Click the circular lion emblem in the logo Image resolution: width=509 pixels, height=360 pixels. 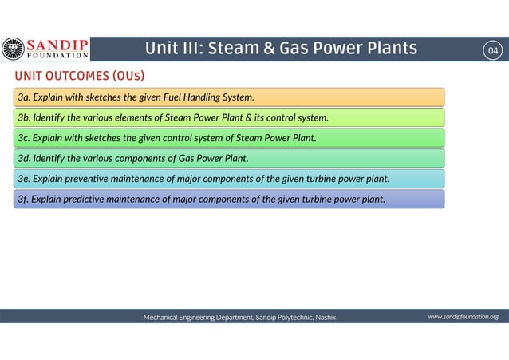click(x=13, y=49)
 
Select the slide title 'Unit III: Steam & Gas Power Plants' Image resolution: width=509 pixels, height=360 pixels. click(x=280, y=49)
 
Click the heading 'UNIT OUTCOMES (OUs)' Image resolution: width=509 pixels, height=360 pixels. click(x=78, y=76)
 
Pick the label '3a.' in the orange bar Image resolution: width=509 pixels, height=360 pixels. click(x=24, y=97)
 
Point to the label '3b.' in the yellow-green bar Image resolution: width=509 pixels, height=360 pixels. click(x=24, y=118)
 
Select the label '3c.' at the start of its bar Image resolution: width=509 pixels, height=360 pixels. click(x=24, y=138)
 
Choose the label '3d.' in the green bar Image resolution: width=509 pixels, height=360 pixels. click(x=24, y=158)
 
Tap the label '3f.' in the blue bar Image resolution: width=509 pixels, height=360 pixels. click(x=23, y=199)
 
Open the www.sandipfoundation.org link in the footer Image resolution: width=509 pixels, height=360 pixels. click(x=463, y=317)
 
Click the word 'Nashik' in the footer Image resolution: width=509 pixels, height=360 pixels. click(x=326, y=318)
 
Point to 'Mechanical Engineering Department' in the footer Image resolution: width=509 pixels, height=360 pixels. click(x=197, y=318)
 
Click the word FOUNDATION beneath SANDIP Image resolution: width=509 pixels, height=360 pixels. click(x=57, y=56)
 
